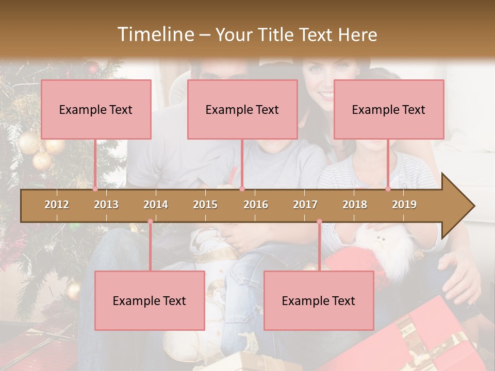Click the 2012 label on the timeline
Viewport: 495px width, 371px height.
pos(57,205)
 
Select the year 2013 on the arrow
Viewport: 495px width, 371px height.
pos(106,205)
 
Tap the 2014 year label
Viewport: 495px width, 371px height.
pos(156,205)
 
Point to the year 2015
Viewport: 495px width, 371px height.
pos(205,205)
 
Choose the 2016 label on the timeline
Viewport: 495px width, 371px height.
pos(256,205)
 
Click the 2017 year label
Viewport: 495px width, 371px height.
pos(305,205)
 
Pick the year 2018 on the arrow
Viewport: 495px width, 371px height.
pos(355,205)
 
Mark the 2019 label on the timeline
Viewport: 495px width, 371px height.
pos(404,205)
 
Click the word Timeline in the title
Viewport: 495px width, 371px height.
pos(155,35)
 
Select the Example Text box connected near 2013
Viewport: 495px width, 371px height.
pos(96,109)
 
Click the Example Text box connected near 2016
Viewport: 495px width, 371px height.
pos(242,109)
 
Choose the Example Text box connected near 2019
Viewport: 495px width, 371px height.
pos(389,109)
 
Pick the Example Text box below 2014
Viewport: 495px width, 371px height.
pos(150,300)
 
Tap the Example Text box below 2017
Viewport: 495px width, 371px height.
pos(319,300)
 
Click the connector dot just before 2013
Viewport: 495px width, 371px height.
pos(95,189)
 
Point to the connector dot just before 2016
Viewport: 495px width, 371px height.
pos(242,189)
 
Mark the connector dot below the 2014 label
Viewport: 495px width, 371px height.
pos(150,222)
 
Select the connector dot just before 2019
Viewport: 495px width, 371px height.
pos(388,189)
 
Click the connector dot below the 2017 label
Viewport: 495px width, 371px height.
pos(319,222)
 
